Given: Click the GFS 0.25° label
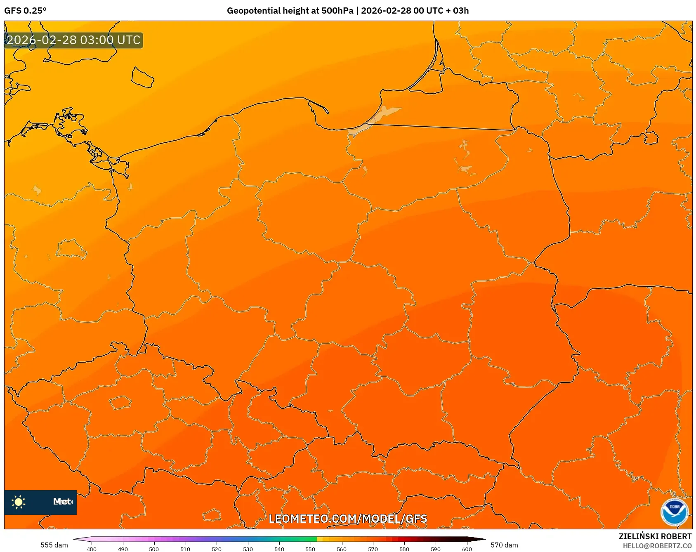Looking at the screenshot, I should pos(25,11).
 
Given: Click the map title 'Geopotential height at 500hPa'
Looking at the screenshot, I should pos(290,11).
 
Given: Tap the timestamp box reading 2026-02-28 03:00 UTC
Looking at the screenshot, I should pos(73,40).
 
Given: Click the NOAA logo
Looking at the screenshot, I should pos(674,512).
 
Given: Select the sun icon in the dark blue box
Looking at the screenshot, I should pos(19,502).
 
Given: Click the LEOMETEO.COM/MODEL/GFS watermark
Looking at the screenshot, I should pos(348,519).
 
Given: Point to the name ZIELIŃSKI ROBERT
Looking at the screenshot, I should pos(655,536).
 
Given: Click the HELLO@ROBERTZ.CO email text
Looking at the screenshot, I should pos(657,546).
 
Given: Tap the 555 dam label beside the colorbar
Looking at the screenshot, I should pos(54,545).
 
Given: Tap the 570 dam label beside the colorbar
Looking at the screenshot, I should pos(504,545).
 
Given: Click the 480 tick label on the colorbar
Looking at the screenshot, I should pos(92,549).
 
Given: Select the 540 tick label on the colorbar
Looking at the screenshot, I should pos(279,549).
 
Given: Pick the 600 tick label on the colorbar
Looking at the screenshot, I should pos(467,549).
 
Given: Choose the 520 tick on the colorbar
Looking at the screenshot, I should pos(217,549).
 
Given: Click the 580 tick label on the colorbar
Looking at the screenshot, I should pos(404,549).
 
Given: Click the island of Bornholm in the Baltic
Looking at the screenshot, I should pos(142,78).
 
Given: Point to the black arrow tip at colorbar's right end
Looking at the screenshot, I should pos(481,539).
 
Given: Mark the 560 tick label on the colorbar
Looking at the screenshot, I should pos(342,549).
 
